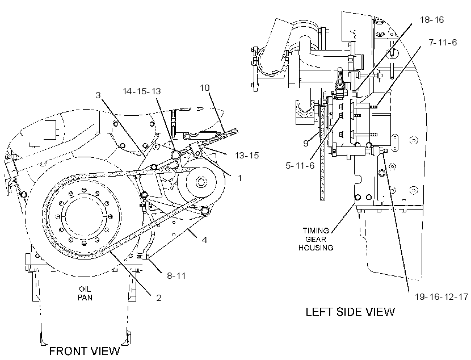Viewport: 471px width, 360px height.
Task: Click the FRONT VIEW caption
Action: coord(85,351)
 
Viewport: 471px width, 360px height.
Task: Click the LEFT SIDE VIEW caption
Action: coord(350,312)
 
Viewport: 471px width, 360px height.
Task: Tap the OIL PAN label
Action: coord(85,294)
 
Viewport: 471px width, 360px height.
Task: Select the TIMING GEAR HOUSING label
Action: coord(316,239)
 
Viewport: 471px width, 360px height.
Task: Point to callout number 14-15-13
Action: coord(142,91)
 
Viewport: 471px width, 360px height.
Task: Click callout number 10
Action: coord(204,88)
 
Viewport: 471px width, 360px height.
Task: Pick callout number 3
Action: coord(98,95)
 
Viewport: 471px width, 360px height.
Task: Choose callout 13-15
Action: coord(247,156)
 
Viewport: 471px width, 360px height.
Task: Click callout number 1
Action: coord(239,178)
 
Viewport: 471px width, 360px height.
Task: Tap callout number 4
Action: coord(204,240)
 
